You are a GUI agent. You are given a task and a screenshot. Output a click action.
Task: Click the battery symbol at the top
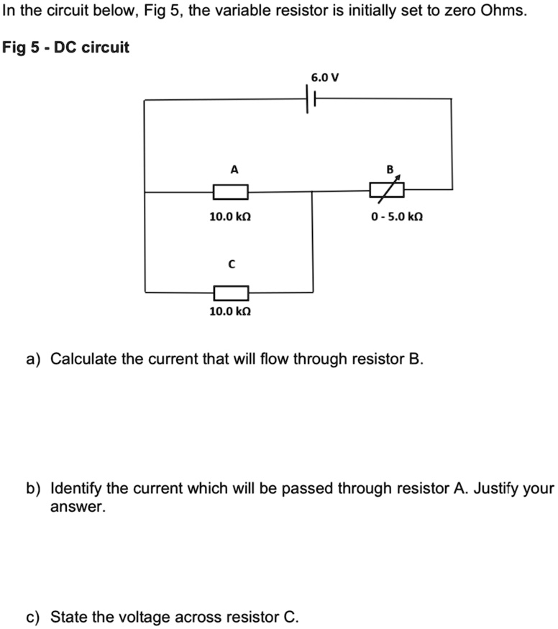pos(312,99)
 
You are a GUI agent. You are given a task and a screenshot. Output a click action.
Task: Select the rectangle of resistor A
pos(231,192)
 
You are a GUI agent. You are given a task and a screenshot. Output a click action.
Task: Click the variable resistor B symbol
pos(386,190)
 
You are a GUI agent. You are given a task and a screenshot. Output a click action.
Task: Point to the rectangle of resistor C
pos(231,293)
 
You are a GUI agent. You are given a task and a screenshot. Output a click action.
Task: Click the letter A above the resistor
pos(233,170)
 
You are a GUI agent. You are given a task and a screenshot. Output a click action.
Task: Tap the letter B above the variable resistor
pos(390,170)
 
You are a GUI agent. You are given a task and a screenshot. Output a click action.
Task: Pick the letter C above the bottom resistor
pos(231,265)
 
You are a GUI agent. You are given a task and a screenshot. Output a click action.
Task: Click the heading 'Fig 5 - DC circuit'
pos(66,48)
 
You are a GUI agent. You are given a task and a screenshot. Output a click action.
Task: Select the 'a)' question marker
pos(33,359)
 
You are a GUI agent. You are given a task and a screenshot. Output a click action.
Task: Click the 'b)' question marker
pos(33,490)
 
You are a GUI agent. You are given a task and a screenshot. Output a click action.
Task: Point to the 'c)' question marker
pos(33,617)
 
